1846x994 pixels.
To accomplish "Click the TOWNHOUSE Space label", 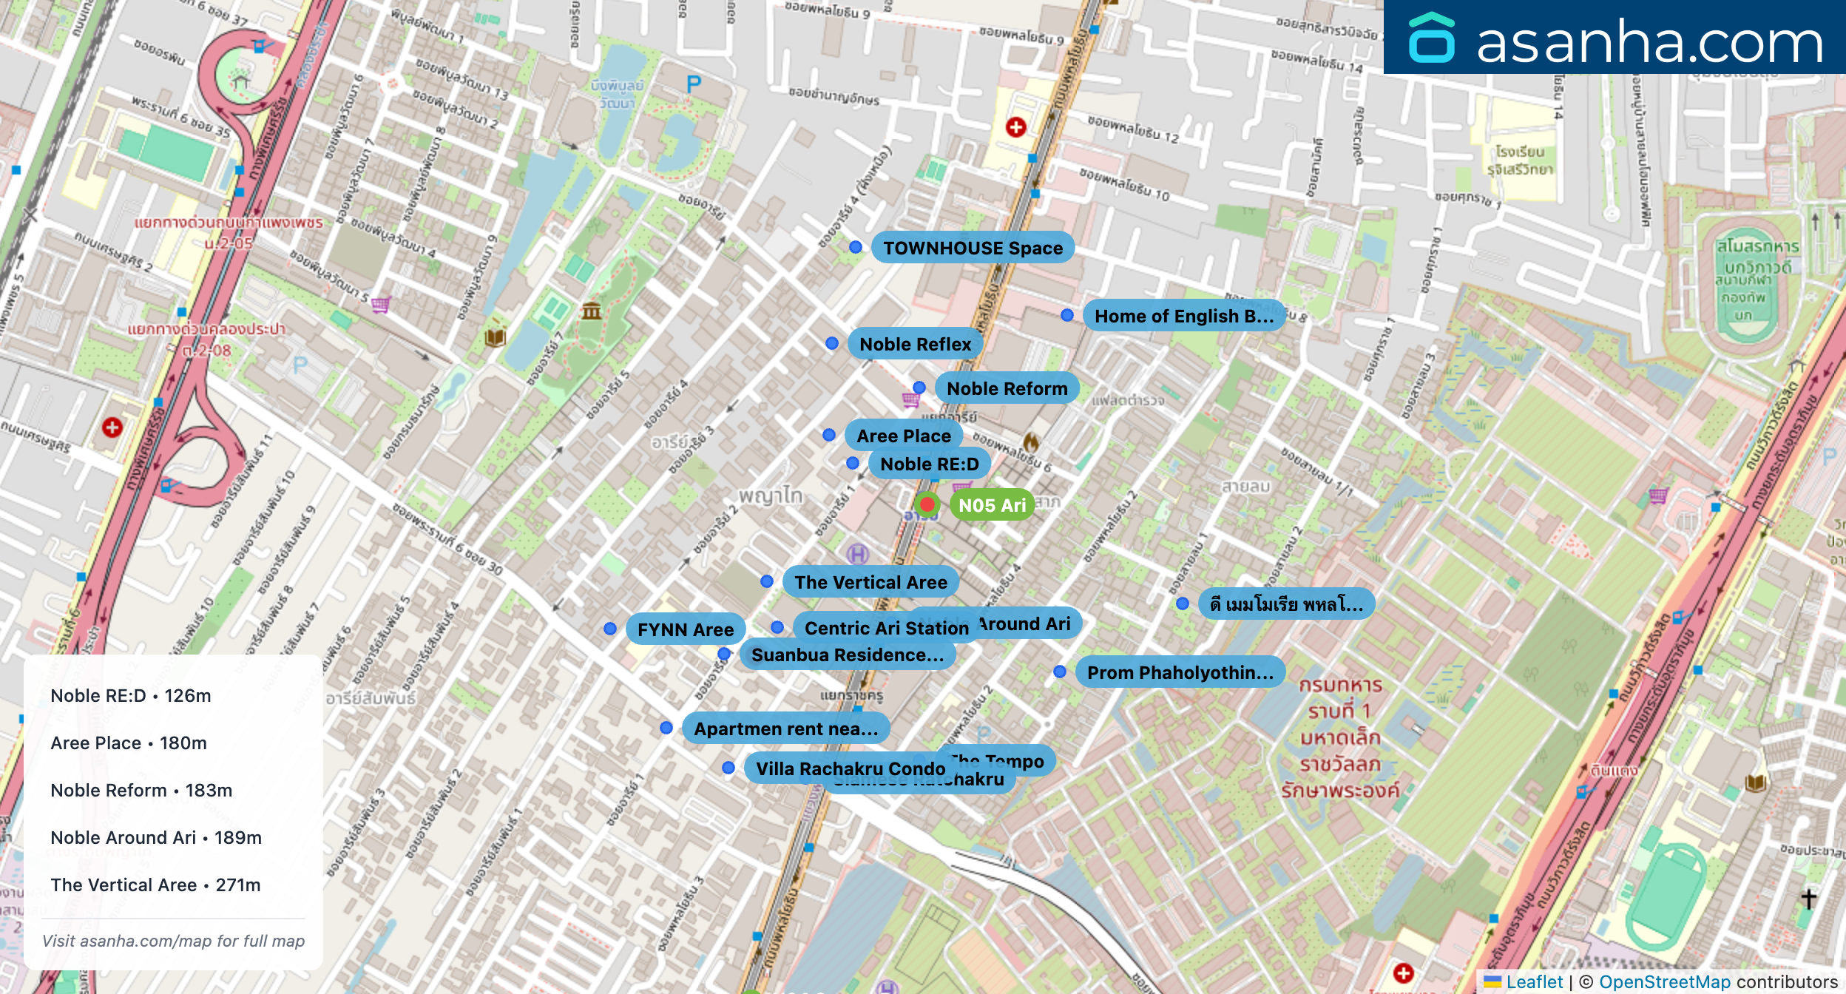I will coord(973,248).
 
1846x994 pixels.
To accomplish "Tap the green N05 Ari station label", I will coord(992,505).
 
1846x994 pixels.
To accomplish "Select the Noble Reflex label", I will coord(915,344).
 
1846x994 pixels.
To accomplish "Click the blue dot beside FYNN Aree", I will coord(610,629).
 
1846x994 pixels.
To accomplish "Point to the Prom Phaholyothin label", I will coord(1180,672).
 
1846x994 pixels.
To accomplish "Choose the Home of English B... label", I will coord(1183,316).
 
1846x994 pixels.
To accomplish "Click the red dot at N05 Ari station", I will coord(927,504).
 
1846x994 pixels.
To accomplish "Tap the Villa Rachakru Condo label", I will coord(851,768).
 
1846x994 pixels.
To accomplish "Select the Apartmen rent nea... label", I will coord(785,728).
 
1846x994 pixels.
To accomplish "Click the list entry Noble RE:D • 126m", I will coord(131,696).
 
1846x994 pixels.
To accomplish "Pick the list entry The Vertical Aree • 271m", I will coord(155,885).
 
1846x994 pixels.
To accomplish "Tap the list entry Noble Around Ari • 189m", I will coord(156,838).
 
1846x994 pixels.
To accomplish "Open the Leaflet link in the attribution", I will coord(1534,981).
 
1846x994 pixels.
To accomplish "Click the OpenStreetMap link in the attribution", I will coord(1664,981).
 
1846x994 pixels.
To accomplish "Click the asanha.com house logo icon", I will coord(1431,38).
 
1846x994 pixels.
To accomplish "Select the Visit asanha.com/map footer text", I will coord(173,941).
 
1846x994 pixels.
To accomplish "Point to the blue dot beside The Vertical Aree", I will coord(767,581).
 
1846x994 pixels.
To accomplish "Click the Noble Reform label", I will coord(1007,388).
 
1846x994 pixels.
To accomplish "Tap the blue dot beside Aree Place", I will coord(829,435).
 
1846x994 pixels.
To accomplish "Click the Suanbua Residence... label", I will coord(847,655).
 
